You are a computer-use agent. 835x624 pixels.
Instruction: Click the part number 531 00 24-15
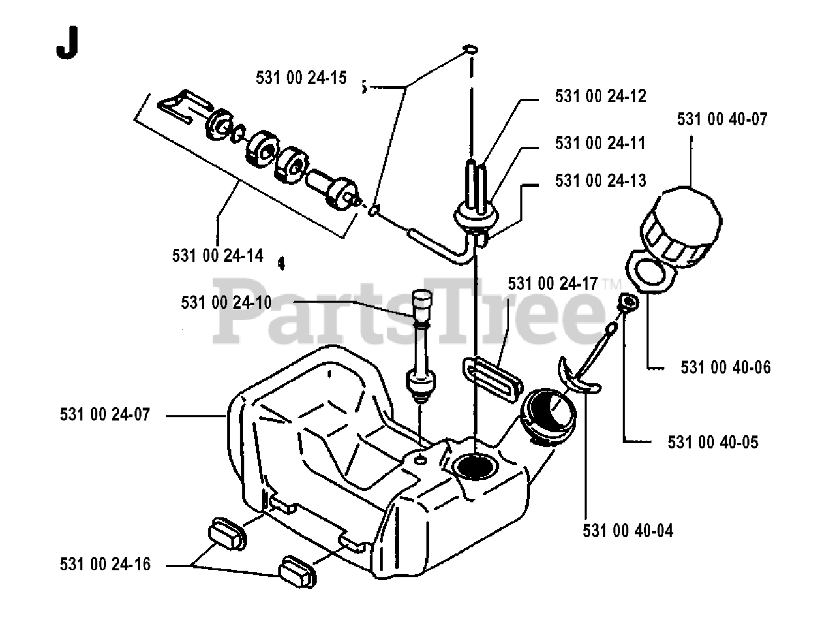pos(301,78)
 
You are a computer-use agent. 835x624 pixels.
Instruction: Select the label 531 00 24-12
pos(600,97)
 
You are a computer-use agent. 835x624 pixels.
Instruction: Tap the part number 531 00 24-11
pos(600,143)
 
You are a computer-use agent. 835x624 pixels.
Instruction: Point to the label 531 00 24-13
pos(600,180)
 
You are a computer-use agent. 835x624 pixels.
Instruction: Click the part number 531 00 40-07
pos(722,119)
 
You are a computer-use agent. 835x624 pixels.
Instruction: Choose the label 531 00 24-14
pos(218,255)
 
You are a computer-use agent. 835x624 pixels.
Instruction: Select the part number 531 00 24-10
pos(226,303)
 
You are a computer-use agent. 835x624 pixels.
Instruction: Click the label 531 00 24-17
pos(553,283)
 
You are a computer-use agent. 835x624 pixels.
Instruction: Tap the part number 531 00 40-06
pos(725,367)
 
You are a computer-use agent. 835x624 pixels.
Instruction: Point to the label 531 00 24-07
pos(104,414)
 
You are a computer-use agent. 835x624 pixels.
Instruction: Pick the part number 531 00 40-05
pos(713,443)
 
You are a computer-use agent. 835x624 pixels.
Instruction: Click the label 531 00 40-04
pos(628,531)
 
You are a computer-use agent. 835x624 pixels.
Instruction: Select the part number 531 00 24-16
pos(104,564)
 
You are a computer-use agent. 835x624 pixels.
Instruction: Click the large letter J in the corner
pos(67,44)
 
